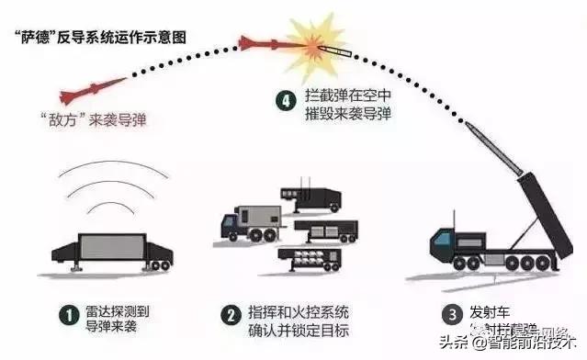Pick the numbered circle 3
449,315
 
